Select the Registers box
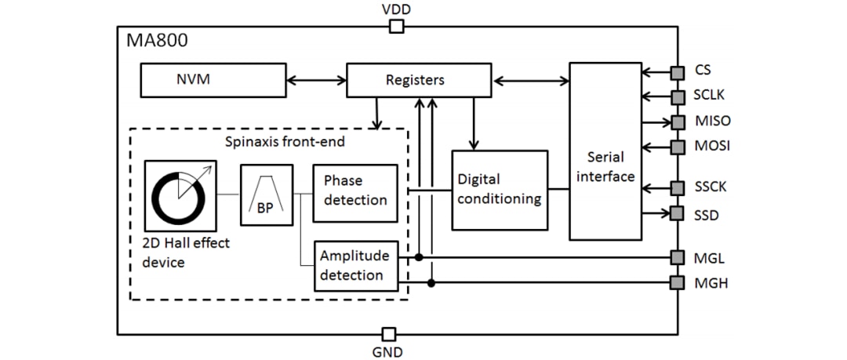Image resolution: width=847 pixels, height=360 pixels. coord(415,80)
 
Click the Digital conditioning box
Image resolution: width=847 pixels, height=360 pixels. coord(499,189)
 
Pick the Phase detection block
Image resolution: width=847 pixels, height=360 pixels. coord(354,191)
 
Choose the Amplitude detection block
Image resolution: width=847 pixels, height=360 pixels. coord(354,265)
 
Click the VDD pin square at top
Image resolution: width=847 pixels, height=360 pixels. coord(397,27)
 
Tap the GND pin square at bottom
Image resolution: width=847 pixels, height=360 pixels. coord(387,333)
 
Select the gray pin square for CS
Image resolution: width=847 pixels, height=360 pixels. coord(675,72)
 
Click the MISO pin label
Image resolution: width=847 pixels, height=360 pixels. coord(712,122)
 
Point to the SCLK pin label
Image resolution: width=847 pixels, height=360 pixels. coord(711,96)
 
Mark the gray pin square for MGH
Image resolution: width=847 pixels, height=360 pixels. coord(675,282)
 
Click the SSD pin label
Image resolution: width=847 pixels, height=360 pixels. coord(707,214)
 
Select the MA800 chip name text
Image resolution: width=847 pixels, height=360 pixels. coord(157,41)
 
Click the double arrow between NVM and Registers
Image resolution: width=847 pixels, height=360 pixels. coord(317,79)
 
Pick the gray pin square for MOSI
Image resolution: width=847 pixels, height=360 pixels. coord(675,146)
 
